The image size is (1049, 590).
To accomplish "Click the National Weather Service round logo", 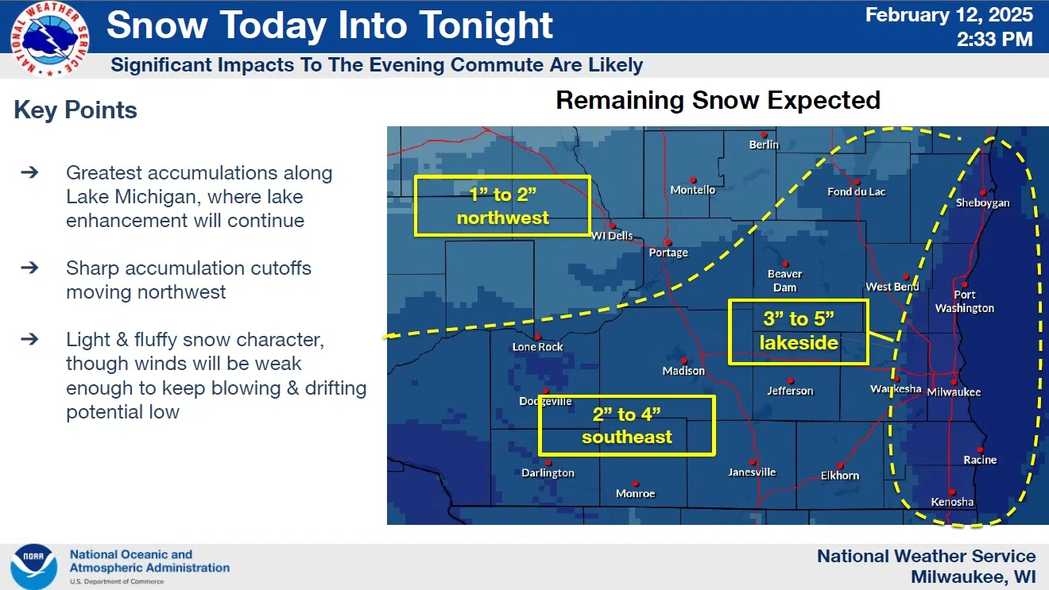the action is click(49, 39).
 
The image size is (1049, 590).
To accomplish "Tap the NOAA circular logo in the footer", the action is click(33, 567).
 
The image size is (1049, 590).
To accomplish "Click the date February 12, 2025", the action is click(949, 15).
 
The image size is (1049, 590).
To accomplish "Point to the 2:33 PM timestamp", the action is click(995, 39).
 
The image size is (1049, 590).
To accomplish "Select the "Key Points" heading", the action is click(75, 110).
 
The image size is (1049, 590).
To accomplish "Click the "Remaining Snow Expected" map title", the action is click(718, 100).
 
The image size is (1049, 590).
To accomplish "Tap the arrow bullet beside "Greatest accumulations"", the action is click(29, 172).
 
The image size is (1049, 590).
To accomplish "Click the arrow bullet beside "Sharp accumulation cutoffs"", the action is click(29, 268).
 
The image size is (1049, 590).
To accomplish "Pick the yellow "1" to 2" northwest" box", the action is click(502, 176).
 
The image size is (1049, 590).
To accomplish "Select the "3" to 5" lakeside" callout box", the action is click(799, 300).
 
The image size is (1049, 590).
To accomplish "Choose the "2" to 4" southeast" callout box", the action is click(626, 397).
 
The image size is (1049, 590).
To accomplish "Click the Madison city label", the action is click(683, 371).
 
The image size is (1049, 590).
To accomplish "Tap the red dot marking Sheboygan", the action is click(982, 192).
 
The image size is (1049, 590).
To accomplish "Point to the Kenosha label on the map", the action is click(952, 502).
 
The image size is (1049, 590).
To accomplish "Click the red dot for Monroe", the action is click(635, 484).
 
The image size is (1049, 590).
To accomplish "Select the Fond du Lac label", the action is click(856, 192).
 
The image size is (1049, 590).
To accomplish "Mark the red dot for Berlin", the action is click(764, 135).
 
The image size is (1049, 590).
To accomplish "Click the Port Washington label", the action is click(964, 301).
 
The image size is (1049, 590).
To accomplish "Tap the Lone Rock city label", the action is click(537, 347).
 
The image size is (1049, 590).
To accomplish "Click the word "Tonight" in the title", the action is click(486, 25).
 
